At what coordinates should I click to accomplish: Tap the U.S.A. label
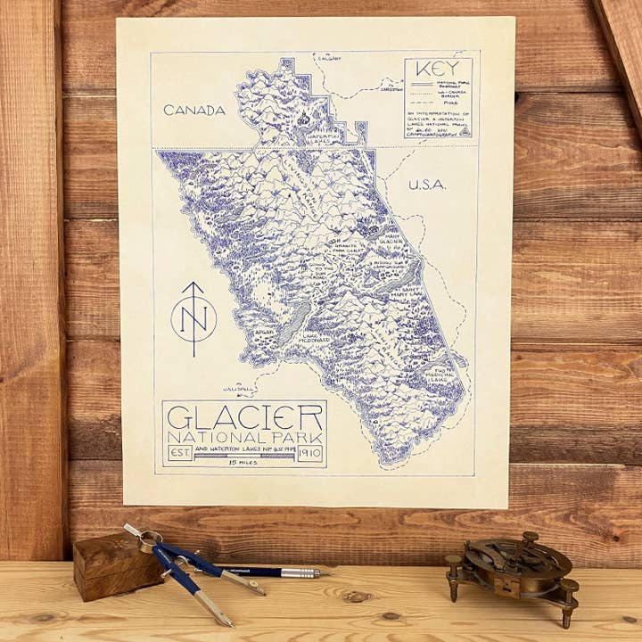[426, 185]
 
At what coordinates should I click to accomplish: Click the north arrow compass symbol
[193, 317]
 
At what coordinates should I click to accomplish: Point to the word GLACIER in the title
[244, 417]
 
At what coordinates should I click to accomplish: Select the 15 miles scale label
[243, 464]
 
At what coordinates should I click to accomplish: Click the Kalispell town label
[240, 389]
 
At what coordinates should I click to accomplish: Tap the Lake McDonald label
[308, 340]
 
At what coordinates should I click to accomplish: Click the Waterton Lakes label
[324, 136]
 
